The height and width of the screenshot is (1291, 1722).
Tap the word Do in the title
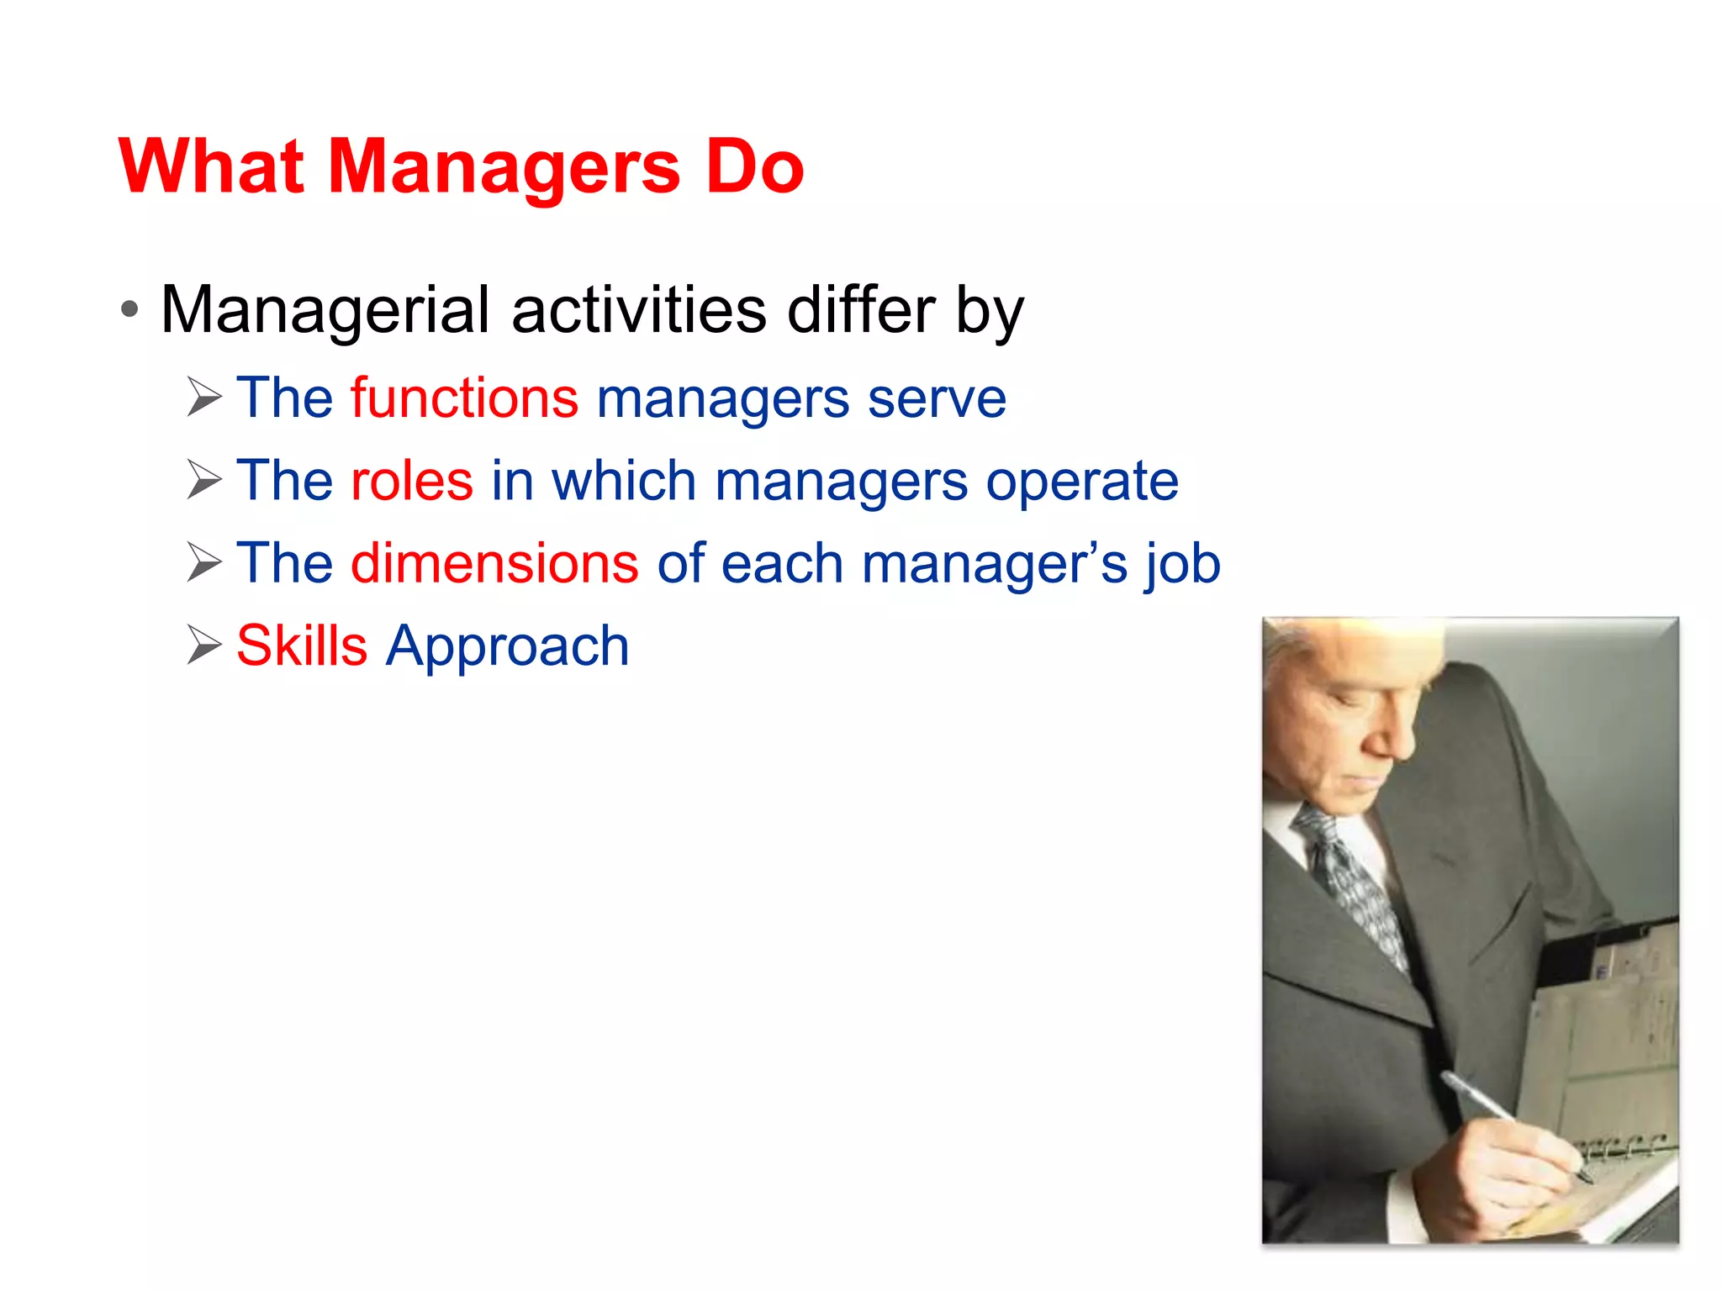[x=754, y=166]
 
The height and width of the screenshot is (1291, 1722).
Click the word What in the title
[x=211, y=166]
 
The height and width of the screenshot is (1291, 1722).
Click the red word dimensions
[x=494, y=563]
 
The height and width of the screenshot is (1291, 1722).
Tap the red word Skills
[x=302, y=646]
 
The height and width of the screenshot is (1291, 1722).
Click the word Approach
[x=507, y=648]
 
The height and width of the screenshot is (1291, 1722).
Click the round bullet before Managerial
[x=129, y=310]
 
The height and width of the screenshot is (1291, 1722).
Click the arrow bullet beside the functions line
[x=204, y=398]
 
